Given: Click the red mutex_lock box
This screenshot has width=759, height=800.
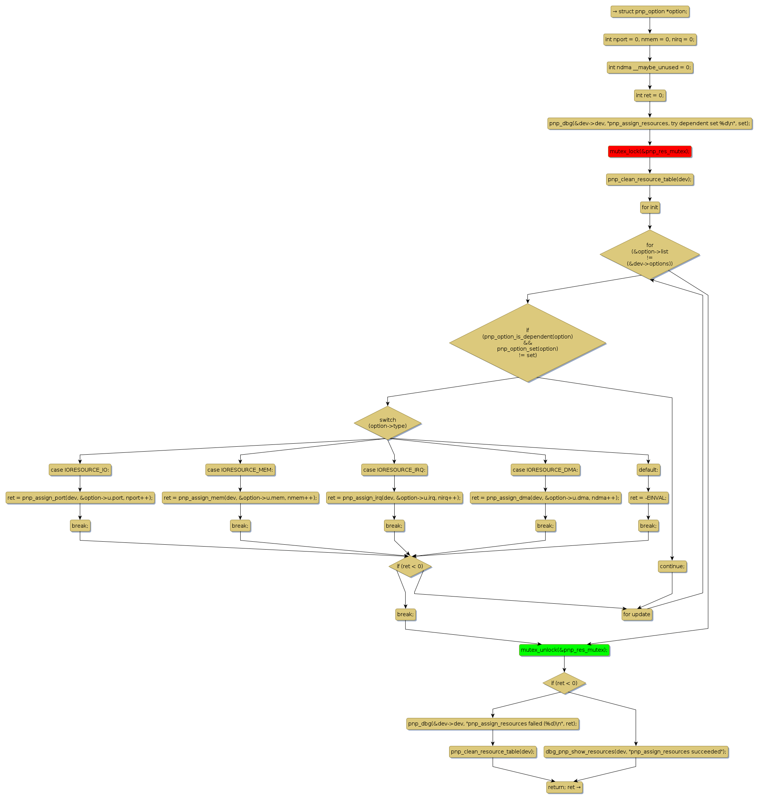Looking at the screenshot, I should [x=649, y=151].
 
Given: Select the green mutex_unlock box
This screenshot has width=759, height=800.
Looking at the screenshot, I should [x=564, y=650].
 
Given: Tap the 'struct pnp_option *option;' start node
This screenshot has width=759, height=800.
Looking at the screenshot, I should [x=650, y=11].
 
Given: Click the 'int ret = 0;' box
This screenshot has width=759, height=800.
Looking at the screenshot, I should [x=649, y=95].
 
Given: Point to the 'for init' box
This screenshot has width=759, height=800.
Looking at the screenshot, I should [x=650, y=208].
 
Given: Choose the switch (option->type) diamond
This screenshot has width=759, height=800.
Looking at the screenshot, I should [x=387, y=423].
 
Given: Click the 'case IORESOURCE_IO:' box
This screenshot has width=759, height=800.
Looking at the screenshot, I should [x=80, y=469].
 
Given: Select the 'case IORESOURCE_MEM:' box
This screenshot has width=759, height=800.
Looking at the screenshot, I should [x=240, y=469].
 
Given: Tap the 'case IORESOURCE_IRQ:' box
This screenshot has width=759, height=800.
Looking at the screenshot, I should [x=394, y=469].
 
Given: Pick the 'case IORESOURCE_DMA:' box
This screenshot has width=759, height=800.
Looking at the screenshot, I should [x=545, y=469].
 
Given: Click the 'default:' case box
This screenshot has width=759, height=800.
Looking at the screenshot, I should [x=648, y=469].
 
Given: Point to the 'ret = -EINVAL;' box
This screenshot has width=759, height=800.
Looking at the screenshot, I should [x=648, y=497].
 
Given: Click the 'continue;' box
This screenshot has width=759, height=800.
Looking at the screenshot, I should [x=672, y=566].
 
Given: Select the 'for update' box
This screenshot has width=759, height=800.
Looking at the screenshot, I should [x=637, y=614].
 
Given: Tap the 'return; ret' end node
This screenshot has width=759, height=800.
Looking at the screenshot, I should [x=565, y=787].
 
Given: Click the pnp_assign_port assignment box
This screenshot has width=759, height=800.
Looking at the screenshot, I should [x=80, y=497].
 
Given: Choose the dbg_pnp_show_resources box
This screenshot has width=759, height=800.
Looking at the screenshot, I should [x=636, y=752].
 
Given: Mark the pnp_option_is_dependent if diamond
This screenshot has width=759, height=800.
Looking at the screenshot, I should [x=527, y=343].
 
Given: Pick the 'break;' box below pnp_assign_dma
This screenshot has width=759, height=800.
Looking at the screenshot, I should [x=545, y=526].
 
